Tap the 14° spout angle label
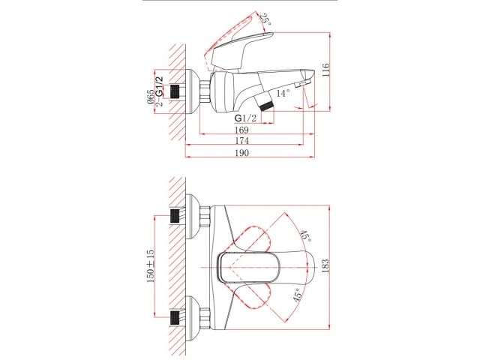282,93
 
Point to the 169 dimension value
240,129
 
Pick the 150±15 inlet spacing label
150,265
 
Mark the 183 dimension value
324,267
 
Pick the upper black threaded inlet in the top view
178,216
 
